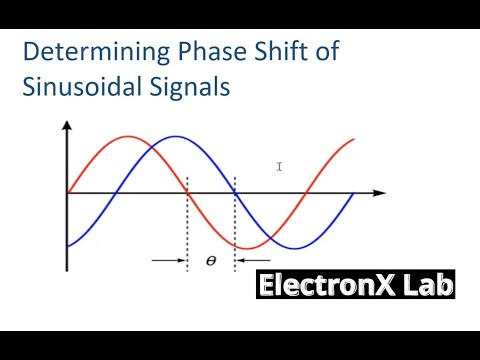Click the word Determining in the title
click(84, 52)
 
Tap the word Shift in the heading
click(261, 52)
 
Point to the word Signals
click(186, 86)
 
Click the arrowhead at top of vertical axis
click(66, 127)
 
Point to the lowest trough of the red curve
click(247, 247)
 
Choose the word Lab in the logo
click(428, 286)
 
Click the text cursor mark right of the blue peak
click(280, 167)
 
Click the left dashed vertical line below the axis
click(187, 230)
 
